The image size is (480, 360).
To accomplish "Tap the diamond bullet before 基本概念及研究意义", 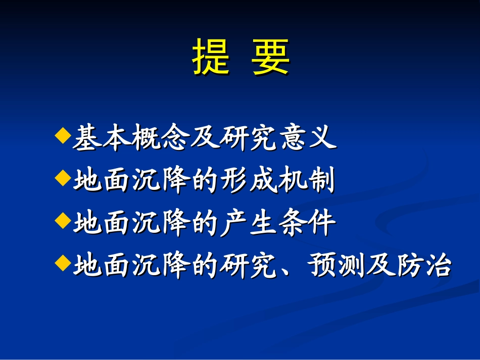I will click(62, 135).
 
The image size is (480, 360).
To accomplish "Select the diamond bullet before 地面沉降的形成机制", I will click(62, 178).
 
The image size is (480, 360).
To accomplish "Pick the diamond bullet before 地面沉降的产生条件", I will click(62, 221).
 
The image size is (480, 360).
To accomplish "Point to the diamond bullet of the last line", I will click(62, 263).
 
